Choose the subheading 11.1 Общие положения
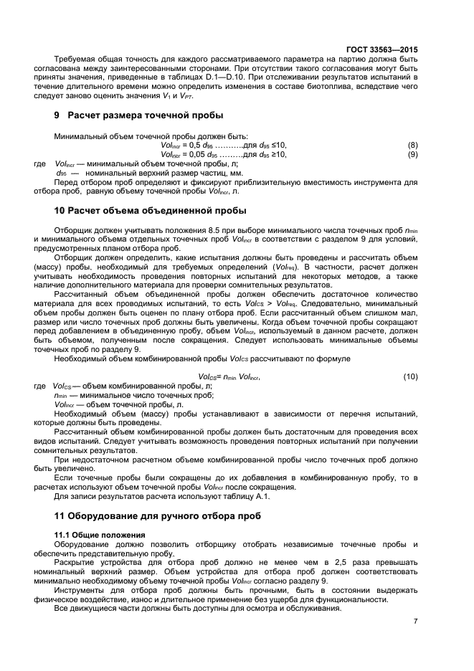click(100, 535)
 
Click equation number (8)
click(412, 146)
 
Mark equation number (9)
click(412, 154)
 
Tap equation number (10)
click(410, 376)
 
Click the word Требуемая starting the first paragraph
click(75, 59)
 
